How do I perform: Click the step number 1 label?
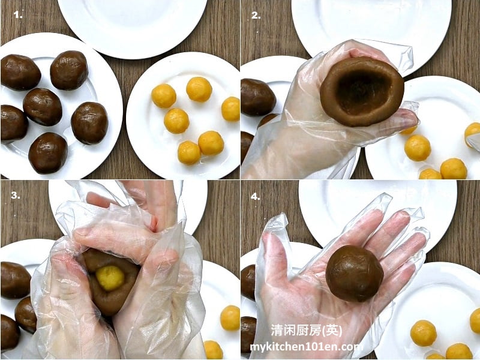[x=18, y=14]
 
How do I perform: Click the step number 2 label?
[x=256, y=16]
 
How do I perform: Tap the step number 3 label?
[x=16, y=195]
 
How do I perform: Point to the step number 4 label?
[x=256, y=197]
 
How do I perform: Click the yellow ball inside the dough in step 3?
[x=110, y=278]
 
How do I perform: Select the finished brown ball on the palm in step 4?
[x=355, y=273]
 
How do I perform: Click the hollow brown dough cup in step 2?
[x=362, y=91]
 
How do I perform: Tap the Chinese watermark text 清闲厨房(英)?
[x=306, y=331]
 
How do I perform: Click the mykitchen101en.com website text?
[x=307, y=347]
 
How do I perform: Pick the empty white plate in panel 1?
[x=132, y=26]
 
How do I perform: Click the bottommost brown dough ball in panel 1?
[x=48, y=153]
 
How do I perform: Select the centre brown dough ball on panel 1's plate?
[x=43, y=107]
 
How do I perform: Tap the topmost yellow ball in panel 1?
[x=199, y=89]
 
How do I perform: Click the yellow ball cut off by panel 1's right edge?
[x=230, y=109]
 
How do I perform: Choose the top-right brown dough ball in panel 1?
[x=69, y=70]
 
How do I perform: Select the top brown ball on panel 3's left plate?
[x=16, y=280]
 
